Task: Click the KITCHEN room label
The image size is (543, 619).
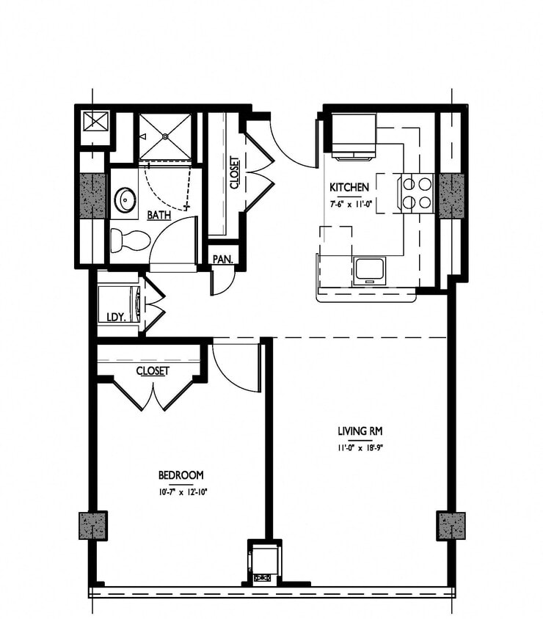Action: coord(349,187)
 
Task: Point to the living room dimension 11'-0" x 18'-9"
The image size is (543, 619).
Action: coord(360,447)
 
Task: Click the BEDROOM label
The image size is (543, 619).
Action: coord(181,475)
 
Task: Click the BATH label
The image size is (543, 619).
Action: coord(159,216)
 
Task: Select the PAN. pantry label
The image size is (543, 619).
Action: coord(222,259)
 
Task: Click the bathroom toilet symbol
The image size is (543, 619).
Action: coord(128,239)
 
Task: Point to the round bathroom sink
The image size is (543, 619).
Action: coord(125,198)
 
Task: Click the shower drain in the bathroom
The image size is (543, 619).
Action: coord(166,136)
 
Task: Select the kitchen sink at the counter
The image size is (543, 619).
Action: coord(368,270)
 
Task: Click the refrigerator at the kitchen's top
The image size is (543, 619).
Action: coord(353,136)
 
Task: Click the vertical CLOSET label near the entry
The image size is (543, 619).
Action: coord(234,174)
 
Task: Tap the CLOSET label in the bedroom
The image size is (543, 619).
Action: coord(152,371)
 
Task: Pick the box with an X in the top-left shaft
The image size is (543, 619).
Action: coord(95,121)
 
